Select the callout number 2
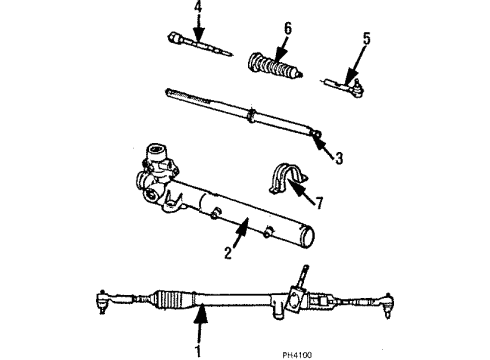[x=228, y=253]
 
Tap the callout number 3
[x=339, y=157]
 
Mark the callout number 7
[x=318, y=204]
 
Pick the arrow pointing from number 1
[x=200, y=322]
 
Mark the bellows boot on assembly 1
[x=171, y=297]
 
